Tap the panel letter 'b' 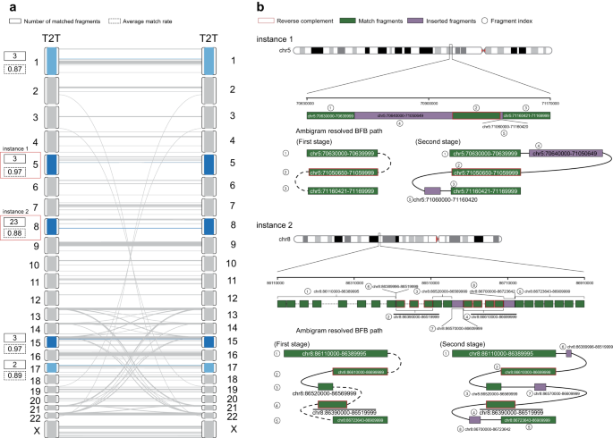tap(260, 6)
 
